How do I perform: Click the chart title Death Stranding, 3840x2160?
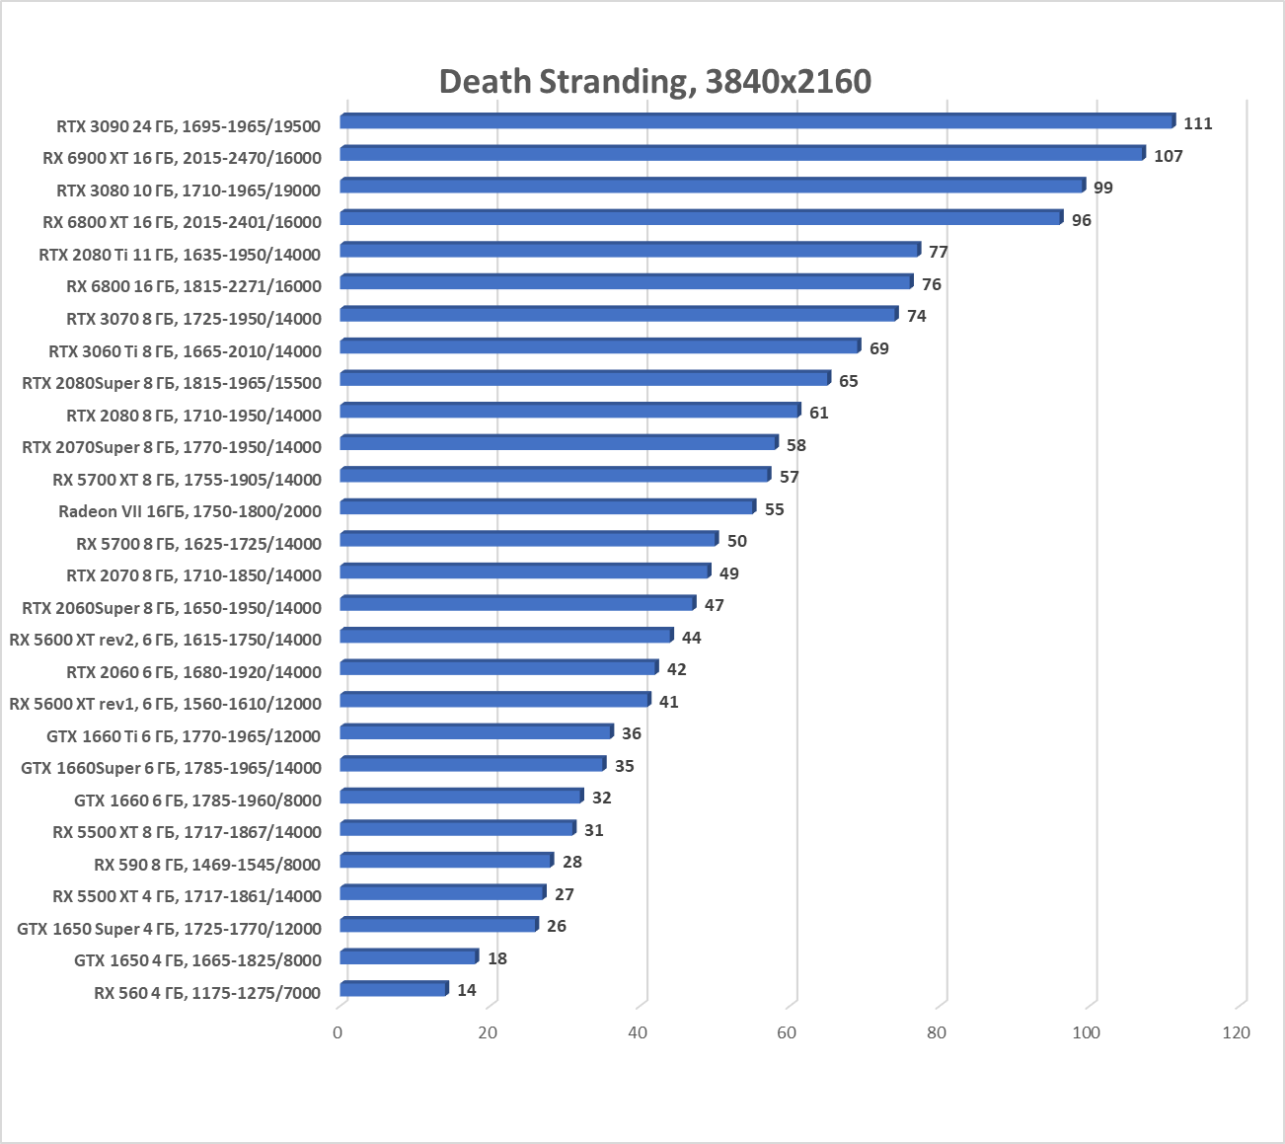(x=654, y=81)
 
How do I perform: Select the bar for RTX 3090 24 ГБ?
(x=757, y=121)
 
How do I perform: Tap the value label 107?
(x=1168, y=156)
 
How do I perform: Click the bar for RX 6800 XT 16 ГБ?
(x=701, y=218)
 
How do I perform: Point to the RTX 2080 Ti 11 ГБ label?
(x=180, y=255)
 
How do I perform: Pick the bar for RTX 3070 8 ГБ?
(x=619, y=315)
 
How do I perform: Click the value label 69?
(x=878, y=348)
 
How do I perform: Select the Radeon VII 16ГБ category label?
(x=189, y=511)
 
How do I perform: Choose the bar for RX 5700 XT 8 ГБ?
(x=555, y=476)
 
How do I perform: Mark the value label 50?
(x=736, y=541)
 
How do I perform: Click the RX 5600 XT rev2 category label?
(x=165, y=640)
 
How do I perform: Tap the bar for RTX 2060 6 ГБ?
(x=498, y=668)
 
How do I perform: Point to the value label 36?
(x=631, y=733)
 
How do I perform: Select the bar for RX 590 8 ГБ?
(x=446, y=861)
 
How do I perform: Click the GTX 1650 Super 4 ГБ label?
(x=169, y=929)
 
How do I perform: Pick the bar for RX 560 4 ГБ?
(x=394, y=989)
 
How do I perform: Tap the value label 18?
(x=496, y=958)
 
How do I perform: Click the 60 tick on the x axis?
(x=787, y=1032)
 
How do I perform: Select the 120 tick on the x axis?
(x=1236, y=1032)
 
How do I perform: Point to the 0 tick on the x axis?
(x=339, y=1032)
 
